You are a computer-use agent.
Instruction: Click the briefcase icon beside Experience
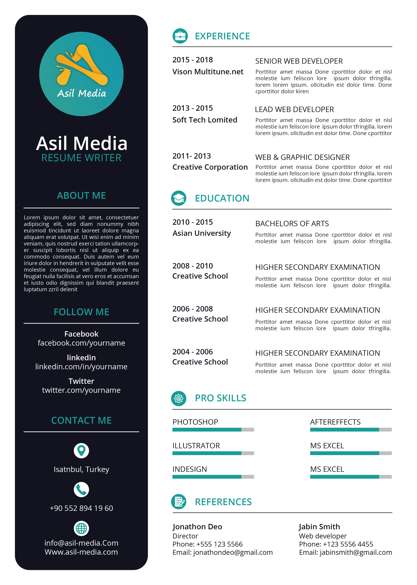180,36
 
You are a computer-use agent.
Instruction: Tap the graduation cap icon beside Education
179,198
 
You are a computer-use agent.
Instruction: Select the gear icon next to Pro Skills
179,398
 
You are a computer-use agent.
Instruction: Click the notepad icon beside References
179,502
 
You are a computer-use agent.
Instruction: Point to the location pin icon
81,451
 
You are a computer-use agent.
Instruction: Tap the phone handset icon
81,490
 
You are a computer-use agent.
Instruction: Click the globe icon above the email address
81,528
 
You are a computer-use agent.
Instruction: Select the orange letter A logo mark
82,65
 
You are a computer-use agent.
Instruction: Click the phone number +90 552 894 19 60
81,508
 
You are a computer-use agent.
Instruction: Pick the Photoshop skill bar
213,430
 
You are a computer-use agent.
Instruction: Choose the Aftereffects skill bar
351,430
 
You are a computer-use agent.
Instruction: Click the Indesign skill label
190,469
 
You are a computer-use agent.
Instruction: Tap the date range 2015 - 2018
193,60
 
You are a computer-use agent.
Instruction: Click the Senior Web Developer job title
299,61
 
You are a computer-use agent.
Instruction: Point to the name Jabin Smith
319,527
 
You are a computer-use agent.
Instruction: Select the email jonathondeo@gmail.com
233,552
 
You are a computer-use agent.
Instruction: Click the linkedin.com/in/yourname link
81,366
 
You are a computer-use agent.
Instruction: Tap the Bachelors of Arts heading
292,224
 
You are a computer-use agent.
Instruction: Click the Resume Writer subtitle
81,158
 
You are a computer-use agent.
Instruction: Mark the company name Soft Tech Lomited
205,120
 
